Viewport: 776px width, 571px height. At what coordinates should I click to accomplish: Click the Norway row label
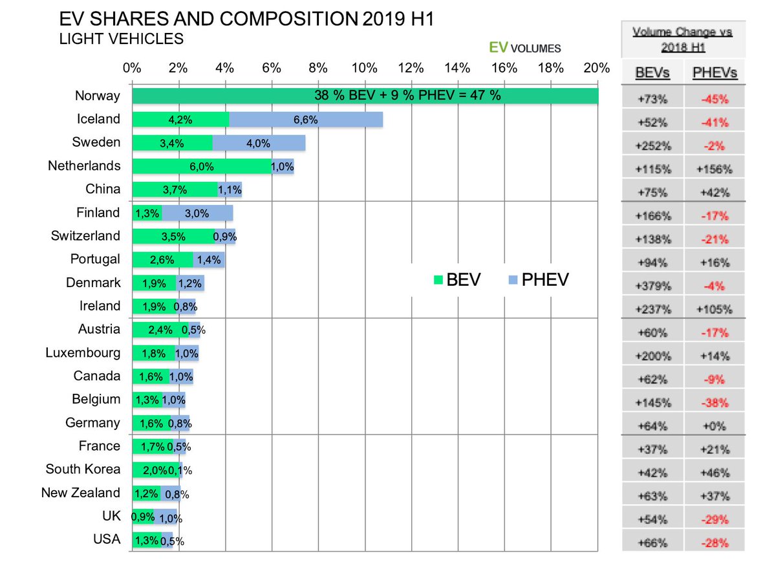[x=97, y=96]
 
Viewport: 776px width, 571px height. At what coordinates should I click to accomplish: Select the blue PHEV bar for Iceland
[x=306, y=119]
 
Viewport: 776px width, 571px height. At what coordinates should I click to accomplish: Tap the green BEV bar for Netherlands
[x=202, y=166]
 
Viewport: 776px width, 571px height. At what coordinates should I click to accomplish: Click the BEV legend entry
[x=457, y=280]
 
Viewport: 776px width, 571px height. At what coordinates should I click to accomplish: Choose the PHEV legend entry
[x=538, y=280]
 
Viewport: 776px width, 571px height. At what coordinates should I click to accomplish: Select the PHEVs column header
[x=714, y=73]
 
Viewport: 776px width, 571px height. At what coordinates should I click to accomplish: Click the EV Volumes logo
[x=524, y=47]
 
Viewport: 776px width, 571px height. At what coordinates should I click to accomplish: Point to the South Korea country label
[x=83, y=469]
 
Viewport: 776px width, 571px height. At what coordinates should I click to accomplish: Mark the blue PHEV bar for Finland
[x=197, y=213]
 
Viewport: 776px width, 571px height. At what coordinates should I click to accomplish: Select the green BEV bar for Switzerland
[x=173, y=236]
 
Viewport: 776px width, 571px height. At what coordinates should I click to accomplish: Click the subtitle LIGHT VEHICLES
[x=121, y=39]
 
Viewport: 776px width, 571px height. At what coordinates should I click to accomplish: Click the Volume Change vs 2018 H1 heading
[x=683, y=39]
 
